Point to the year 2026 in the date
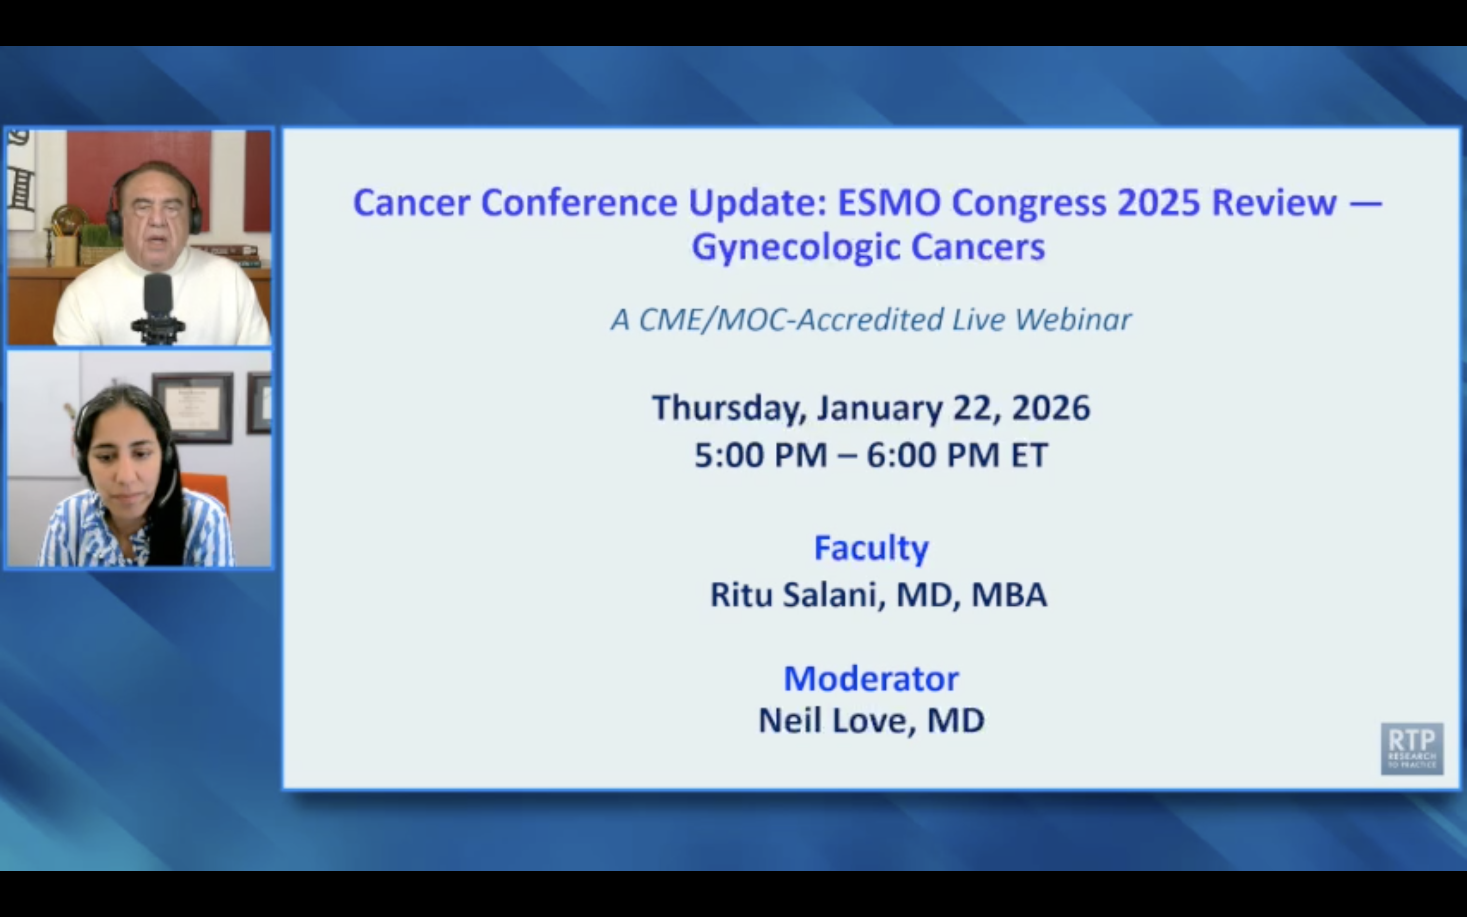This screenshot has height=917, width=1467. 1051,408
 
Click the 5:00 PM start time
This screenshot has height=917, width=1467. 760,455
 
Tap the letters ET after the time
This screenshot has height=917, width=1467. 1029,455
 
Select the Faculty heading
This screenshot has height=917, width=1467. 871,548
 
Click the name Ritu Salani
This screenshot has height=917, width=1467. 794,595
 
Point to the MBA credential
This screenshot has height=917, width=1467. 1009,595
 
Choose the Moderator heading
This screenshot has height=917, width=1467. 871,678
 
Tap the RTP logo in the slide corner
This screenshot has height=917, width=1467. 1411,748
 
